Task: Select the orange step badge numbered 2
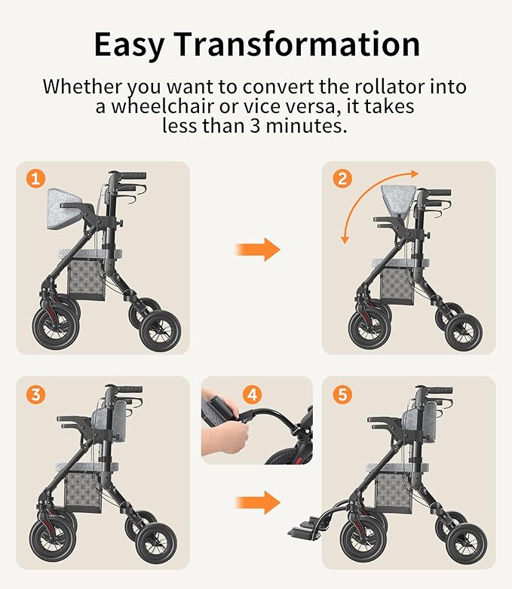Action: pyautogui.click(x=342, y=179)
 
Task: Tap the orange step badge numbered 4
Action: pyautogui.click(x=253, y=394)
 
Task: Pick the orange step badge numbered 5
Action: pyautogui.click(x=342, y=394)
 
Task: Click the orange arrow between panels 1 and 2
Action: pyautogui.click(x=257, y=250)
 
